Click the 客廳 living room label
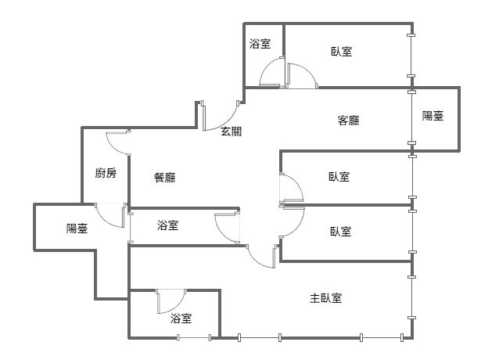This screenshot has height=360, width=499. point(349,121)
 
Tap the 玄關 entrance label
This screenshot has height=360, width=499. point(232,131)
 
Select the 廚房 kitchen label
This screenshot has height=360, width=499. point(106,173)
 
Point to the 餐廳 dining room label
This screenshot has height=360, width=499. point(165,178)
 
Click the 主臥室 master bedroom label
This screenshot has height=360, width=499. point(325,298)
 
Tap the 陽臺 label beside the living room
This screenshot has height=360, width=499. point(433,116)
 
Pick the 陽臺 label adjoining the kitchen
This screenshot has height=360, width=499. point(77,229)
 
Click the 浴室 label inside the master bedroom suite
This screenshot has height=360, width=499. point(181,318)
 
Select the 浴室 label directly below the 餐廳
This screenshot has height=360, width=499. point(167,225)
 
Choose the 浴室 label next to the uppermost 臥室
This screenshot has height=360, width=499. point(260,43)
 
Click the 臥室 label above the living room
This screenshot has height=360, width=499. point(342,51)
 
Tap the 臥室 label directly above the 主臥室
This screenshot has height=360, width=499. point(340,232)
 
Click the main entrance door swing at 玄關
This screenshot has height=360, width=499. point(221,116)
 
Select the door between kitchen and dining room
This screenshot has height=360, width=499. point(118,143)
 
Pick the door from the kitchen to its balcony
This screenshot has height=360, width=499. point(110,215)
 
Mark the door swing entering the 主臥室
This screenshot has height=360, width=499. point(261,256)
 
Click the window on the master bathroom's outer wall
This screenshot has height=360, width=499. point(194,338)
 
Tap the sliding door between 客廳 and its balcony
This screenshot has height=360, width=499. point(412,117)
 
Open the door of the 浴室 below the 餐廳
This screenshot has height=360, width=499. point(228,227)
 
